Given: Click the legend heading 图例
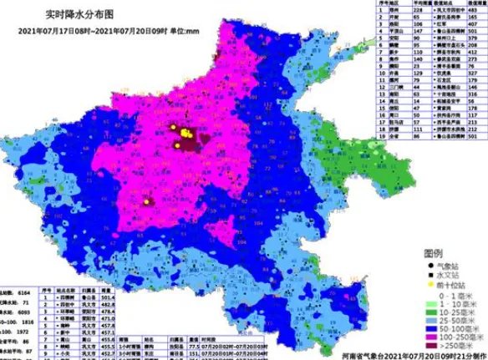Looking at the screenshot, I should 432,251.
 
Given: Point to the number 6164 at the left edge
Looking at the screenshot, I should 42,284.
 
